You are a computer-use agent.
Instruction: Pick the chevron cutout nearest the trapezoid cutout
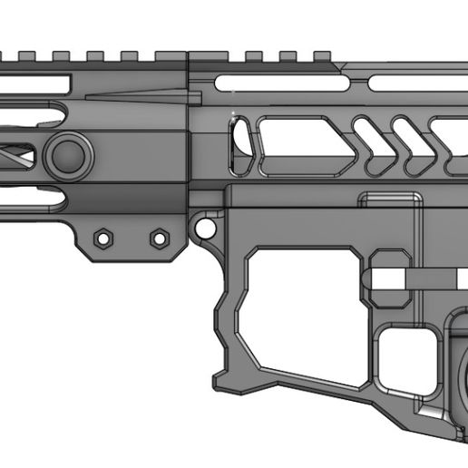pyautogui.click(x=367, y=145)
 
